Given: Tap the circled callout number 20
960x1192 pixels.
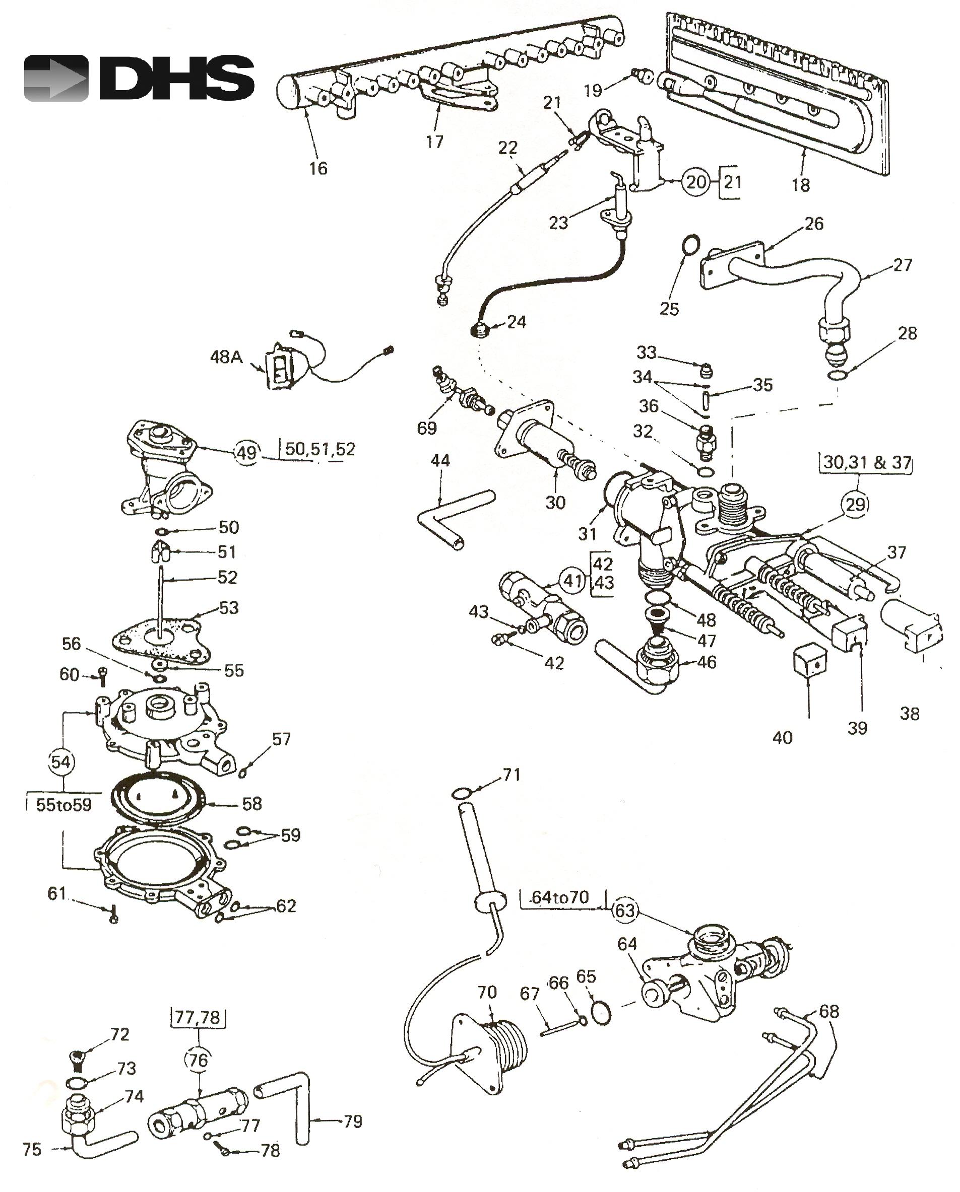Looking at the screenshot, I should (x=696, y=181).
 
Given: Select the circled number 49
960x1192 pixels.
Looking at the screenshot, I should (x=246, y=453).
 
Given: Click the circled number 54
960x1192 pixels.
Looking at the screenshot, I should (x=60, y=762).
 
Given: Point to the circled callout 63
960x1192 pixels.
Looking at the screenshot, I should (x=625, y=910).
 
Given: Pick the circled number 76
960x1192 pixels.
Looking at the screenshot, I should (x=198, y=1060).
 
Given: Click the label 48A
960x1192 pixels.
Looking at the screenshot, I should (x=226, y=357).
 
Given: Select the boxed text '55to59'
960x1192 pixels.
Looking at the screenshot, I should (x=63, y=804).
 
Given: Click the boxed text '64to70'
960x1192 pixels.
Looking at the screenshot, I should (x=560, y=897).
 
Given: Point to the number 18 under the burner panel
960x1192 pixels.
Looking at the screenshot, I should (x=801, y=185).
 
